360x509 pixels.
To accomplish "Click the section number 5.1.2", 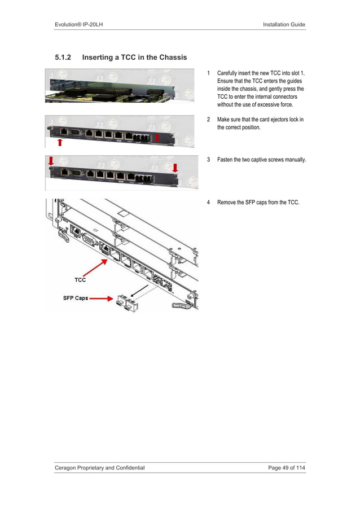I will pyautogui.click(x=64, y=58).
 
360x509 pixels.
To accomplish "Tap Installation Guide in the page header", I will pyautogui.click(x=284, y=24).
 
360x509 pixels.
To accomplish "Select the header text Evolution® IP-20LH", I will pyautogui.click(x=81, y=24).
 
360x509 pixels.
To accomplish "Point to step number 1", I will pyautogui.click(x=209, y=73).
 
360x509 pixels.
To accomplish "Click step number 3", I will pyautogui.click(x=209, y=160).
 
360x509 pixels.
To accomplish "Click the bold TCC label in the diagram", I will pyautogui.click(x=80, y=280).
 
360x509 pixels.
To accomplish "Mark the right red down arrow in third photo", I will pyautogui.click(x=175, y=168).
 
